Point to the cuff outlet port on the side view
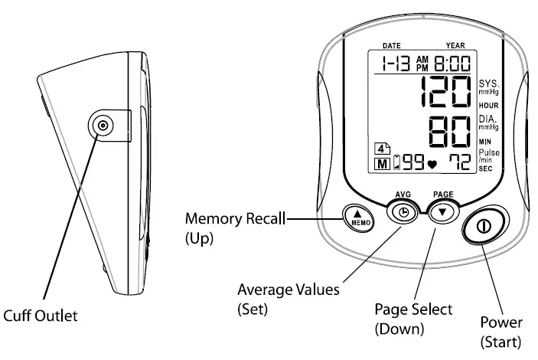point(102,126)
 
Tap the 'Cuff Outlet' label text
point(41,315)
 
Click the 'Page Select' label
point(413,310)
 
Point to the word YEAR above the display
point(455,46)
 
